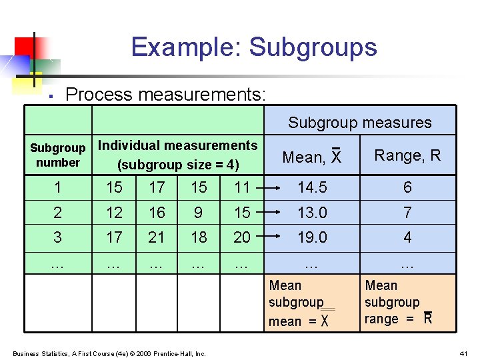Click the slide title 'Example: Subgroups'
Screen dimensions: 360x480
254,47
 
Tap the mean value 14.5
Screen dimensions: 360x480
312,188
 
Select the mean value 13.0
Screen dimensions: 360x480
312,213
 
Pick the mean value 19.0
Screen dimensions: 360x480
312,237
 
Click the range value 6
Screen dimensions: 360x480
407,188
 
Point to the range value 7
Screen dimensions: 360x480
407,213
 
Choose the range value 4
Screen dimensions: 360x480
407,237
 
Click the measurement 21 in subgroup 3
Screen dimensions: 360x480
157,237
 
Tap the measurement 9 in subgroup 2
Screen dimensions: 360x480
199,213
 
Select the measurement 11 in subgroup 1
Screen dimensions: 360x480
242,188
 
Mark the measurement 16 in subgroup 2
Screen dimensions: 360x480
157,213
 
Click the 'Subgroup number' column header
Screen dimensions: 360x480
58,155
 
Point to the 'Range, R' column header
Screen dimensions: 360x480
407,155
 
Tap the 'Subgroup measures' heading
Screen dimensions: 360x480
359,123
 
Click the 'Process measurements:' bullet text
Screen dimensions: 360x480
166,95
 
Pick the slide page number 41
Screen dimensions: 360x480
463,353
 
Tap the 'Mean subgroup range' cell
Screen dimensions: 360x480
407,303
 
